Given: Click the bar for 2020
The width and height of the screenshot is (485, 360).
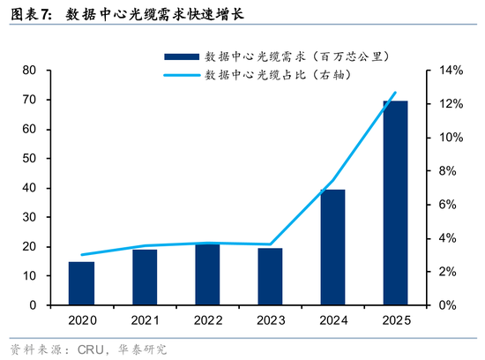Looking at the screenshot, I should (81, 283).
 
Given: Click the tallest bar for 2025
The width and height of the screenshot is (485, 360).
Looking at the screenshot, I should (395, 203).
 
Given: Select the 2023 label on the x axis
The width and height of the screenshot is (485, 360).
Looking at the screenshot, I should (270, 321).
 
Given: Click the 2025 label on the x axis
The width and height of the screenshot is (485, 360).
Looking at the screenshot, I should (395, 321).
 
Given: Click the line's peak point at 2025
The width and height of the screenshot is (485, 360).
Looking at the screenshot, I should (395, 93).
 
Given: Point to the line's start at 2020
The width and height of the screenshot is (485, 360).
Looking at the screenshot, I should (81, 254).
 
